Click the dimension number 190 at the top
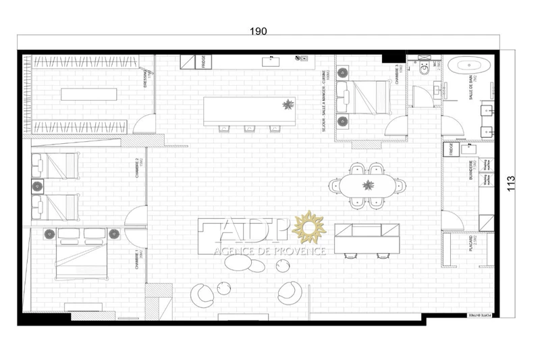pyautogui.click(x=259, y=31)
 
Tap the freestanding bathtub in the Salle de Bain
pyautogui.click(x=468, y=67)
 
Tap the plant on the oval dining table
pyautogui.click(x=369, y=184)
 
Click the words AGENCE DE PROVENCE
pyautogui.click(x=269, y=251)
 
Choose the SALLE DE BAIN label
pyautogui.click(x=471, y=88)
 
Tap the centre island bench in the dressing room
pyautogui.click(x=89, y=94)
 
